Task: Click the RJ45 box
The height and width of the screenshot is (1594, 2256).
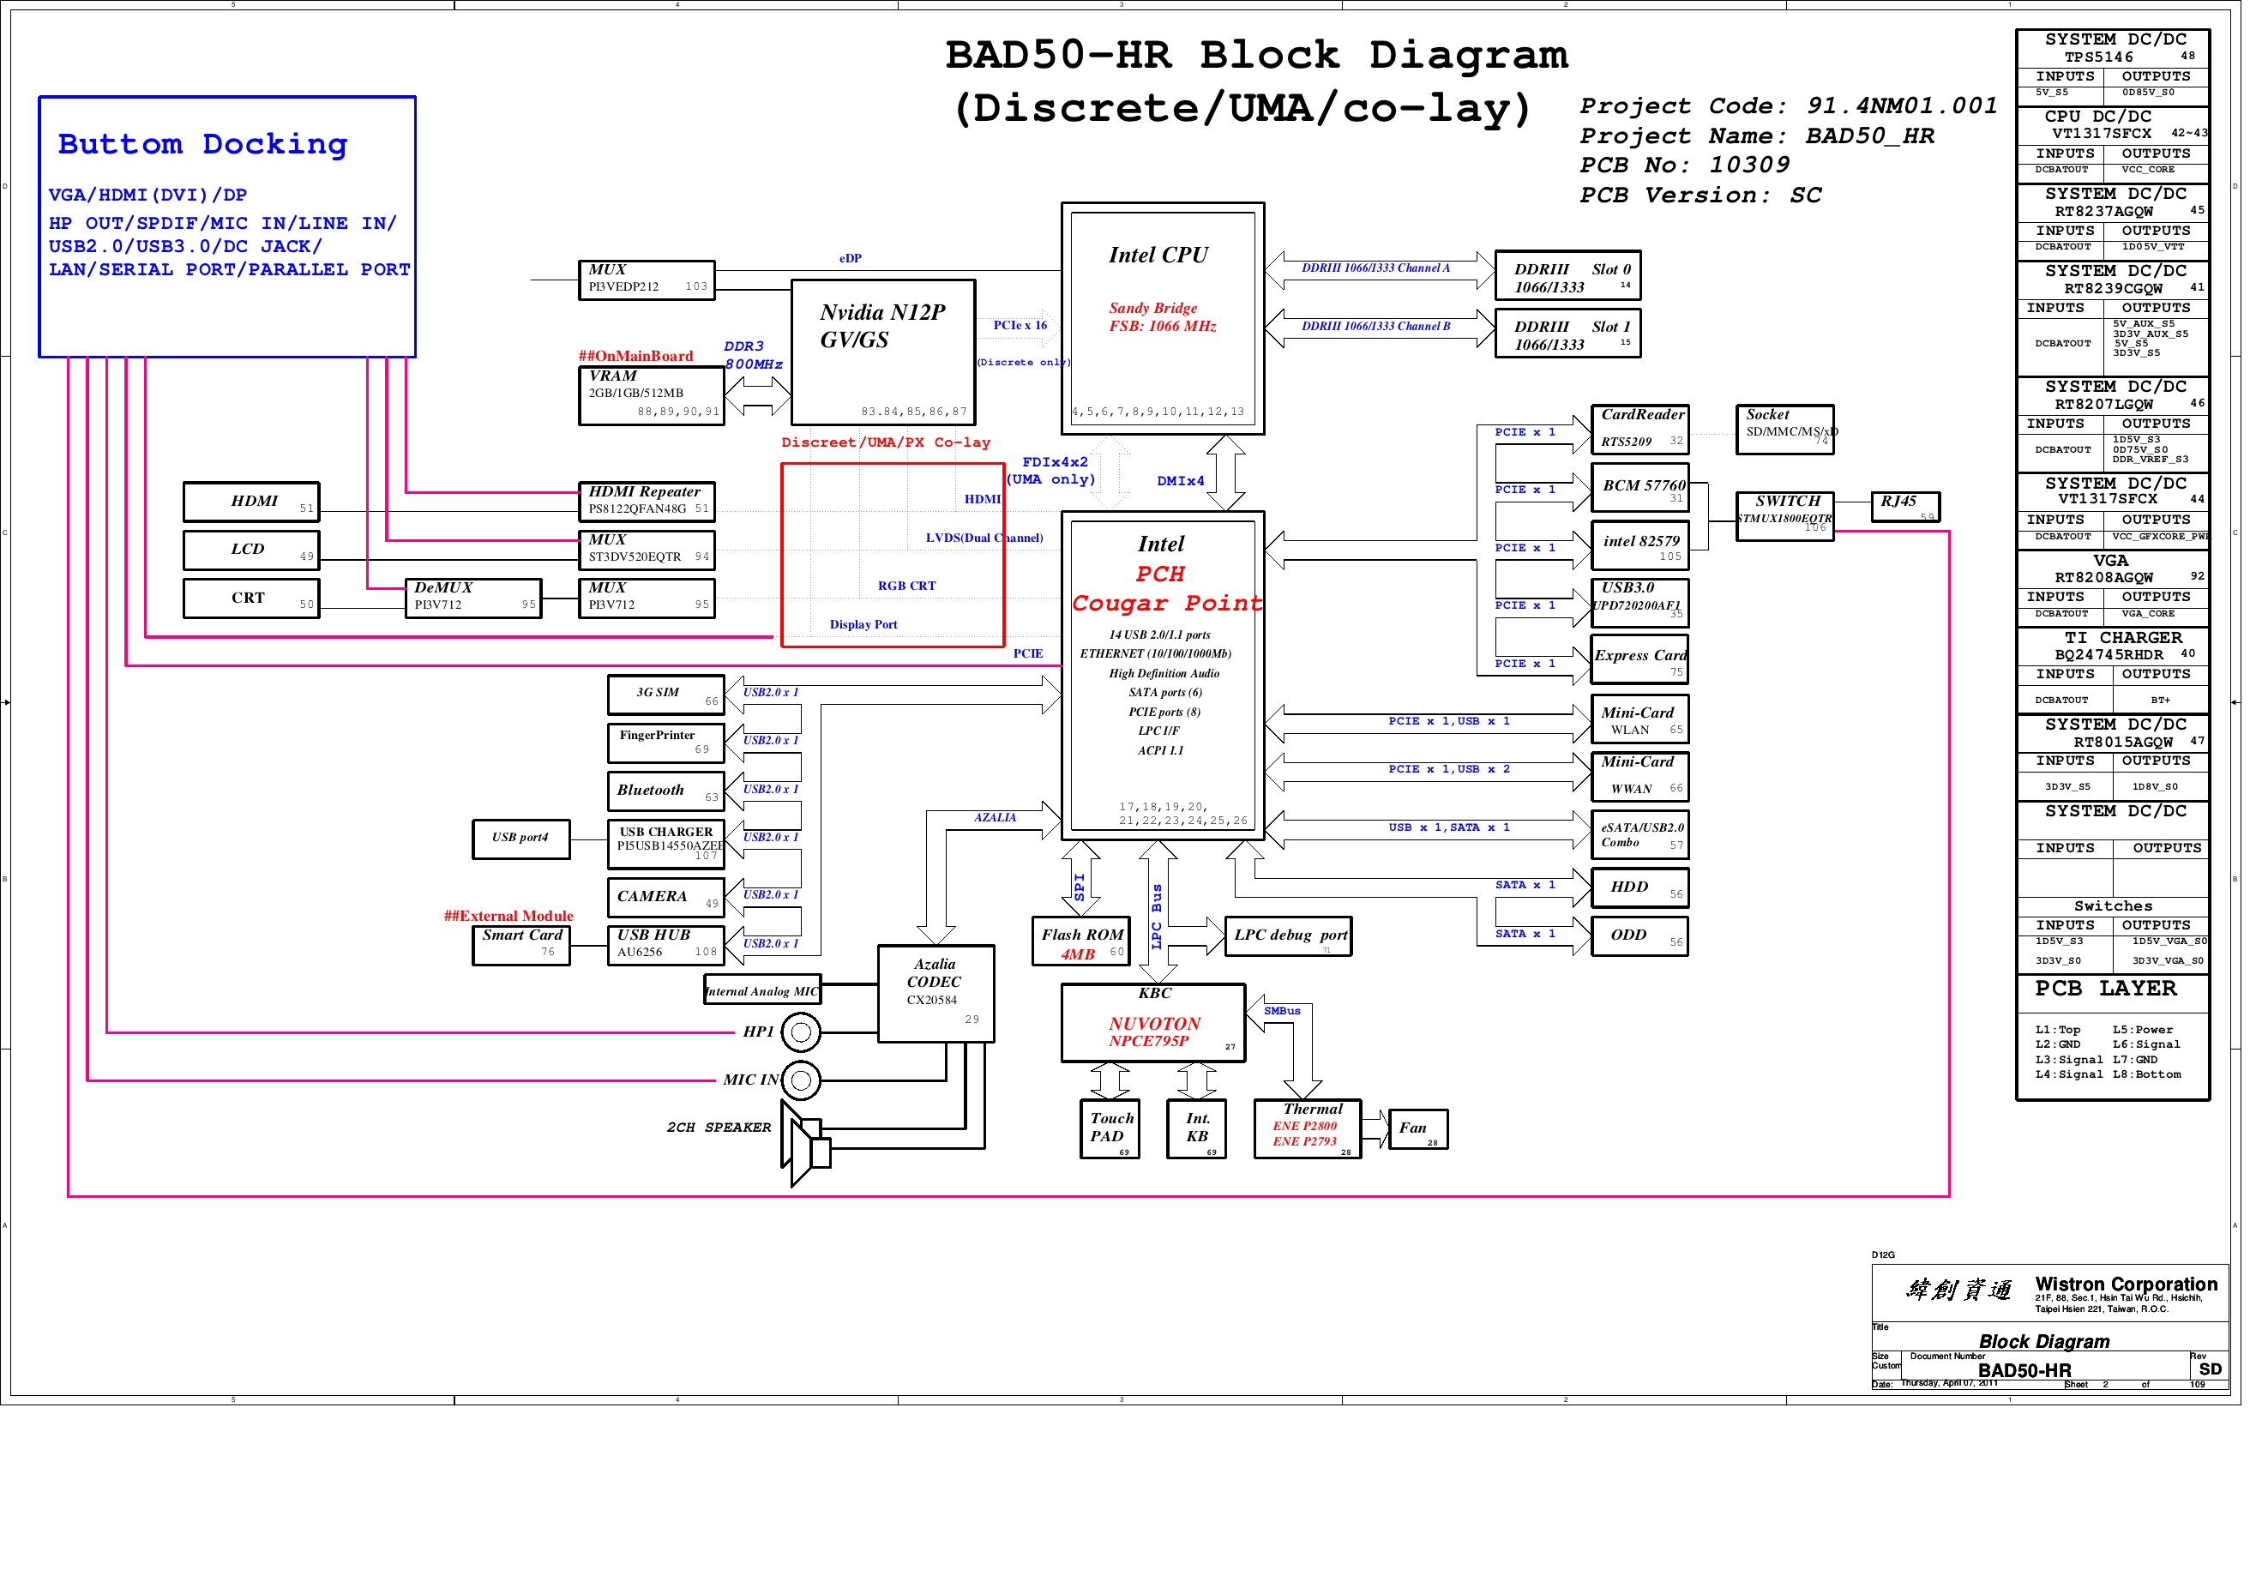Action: tap(1904, 507)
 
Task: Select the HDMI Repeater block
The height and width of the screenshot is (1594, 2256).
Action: tap(647, 502)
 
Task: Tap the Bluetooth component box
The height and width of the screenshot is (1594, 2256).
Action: tap(665, 791)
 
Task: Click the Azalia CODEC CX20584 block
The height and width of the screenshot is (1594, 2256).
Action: tap(935, 994)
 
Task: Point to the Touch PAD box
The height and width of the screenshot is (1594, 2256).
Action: tap(1110, 1129)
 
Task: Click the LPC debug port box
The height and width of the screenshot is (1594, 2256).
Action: tap(1288, 936)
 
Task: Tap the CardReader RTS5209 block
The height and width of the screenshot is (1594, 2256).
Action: tap(1639, 430)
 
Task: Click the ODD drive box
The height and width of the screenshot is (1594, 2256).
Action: tap(1639, 936)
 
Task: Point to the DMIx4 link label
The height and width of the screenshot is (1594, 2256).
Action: tap(1179, 482)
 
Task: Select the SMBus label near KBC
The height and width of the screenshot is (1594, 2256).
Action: tap(1281, 1011)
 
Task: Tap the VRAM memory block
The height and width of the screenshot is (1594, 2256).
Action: tap(651, 395)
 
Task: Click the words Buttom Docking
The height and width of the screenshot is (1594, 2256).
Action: tap(202, 144)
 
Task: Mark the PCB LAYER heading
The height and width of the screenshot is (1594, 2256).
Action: tap(2105, 989)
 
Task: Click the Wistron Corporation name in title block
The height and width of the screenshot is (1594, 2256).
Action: tap(2126, 1284)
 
